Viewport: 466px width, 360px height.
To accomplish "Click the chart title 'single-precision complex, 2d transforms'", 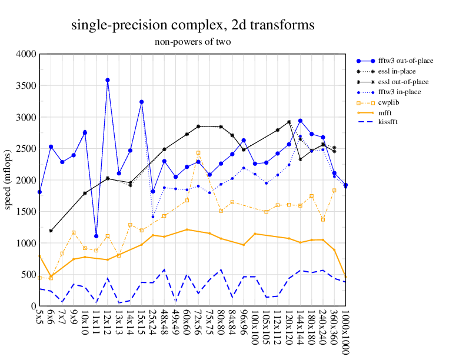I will [192, 25].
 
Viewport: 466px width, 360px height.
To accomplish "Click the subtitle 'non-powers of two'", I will [192, 42].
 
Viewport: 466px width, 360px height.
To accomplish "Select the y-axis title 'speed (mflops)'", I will [9, 180].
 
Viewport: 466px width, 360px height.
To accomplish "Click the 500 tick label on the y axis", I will [29, 275].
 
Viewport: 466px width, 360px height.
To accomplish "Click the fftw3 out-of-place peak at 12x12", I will [108, 80].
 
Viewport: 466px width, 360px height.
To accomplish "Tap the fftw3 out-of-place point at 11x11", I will [96, 236].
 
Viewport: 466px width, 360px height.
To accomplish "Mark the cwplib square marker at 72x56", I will [198, 153].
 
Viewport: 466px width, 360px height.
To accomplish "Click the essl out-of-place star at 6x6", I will [51, 231].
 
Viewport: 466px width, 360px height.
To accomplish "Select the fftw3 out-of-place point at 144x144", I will [300, 121].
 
